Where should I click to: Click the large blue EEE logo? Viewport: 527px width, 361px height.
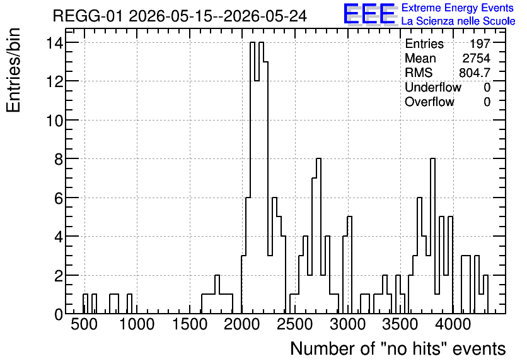coord(369,14)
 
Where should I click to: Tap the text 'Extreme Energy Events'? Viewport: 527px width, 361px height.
coord(458,8)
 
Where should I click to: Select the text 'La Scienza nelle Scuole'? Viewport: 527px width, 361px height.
coord(458,21)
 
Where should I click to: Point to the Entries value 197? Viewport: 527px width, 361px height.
coord(480,44)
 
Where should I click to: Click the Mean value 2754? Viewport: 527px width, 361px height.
coord(476,58)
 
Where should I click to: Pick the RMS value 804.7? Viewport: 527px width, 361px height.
coord(475,73)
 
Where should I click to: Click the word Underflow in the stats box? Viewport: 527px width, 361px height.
coord(433,88)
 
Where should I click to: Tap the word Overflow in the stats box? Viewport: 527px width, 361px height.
coord(429,102)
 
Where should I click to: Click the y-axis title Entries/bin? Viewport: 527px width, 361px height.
coord(14,70)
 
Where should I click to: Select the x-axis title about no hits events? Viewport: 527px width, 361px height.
coord(398,348)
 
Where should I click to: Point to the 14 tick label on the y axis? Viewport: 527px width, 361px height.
coord(55,43)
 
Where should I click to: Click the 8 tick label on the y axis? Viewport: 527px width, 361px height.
coord(59,159)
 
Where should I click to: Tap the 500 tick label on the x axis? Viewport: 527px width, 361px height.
coord(84,324)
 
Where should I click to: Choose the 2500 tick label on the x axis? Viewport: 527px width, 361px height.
coord(296,324)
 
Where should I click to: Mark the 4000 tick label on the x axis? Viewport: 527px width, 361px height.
coord(453,324)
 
